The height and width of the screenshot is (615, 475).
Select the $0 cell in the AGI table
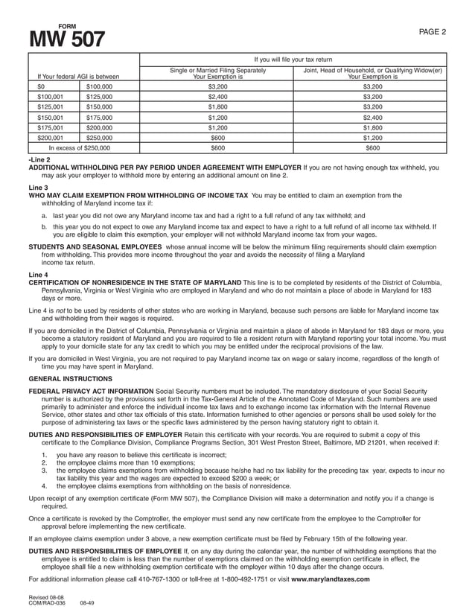pos(42,86)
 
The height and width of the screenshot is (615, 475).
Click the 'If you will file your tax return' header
pos(293,59)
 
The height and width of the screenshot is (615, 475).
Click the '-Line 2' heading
pos(39,159)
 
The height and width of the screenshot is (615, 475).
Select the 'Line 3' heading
pos(38,188)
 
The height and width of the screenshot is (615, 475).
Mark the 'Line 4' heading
pos(38,275)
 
